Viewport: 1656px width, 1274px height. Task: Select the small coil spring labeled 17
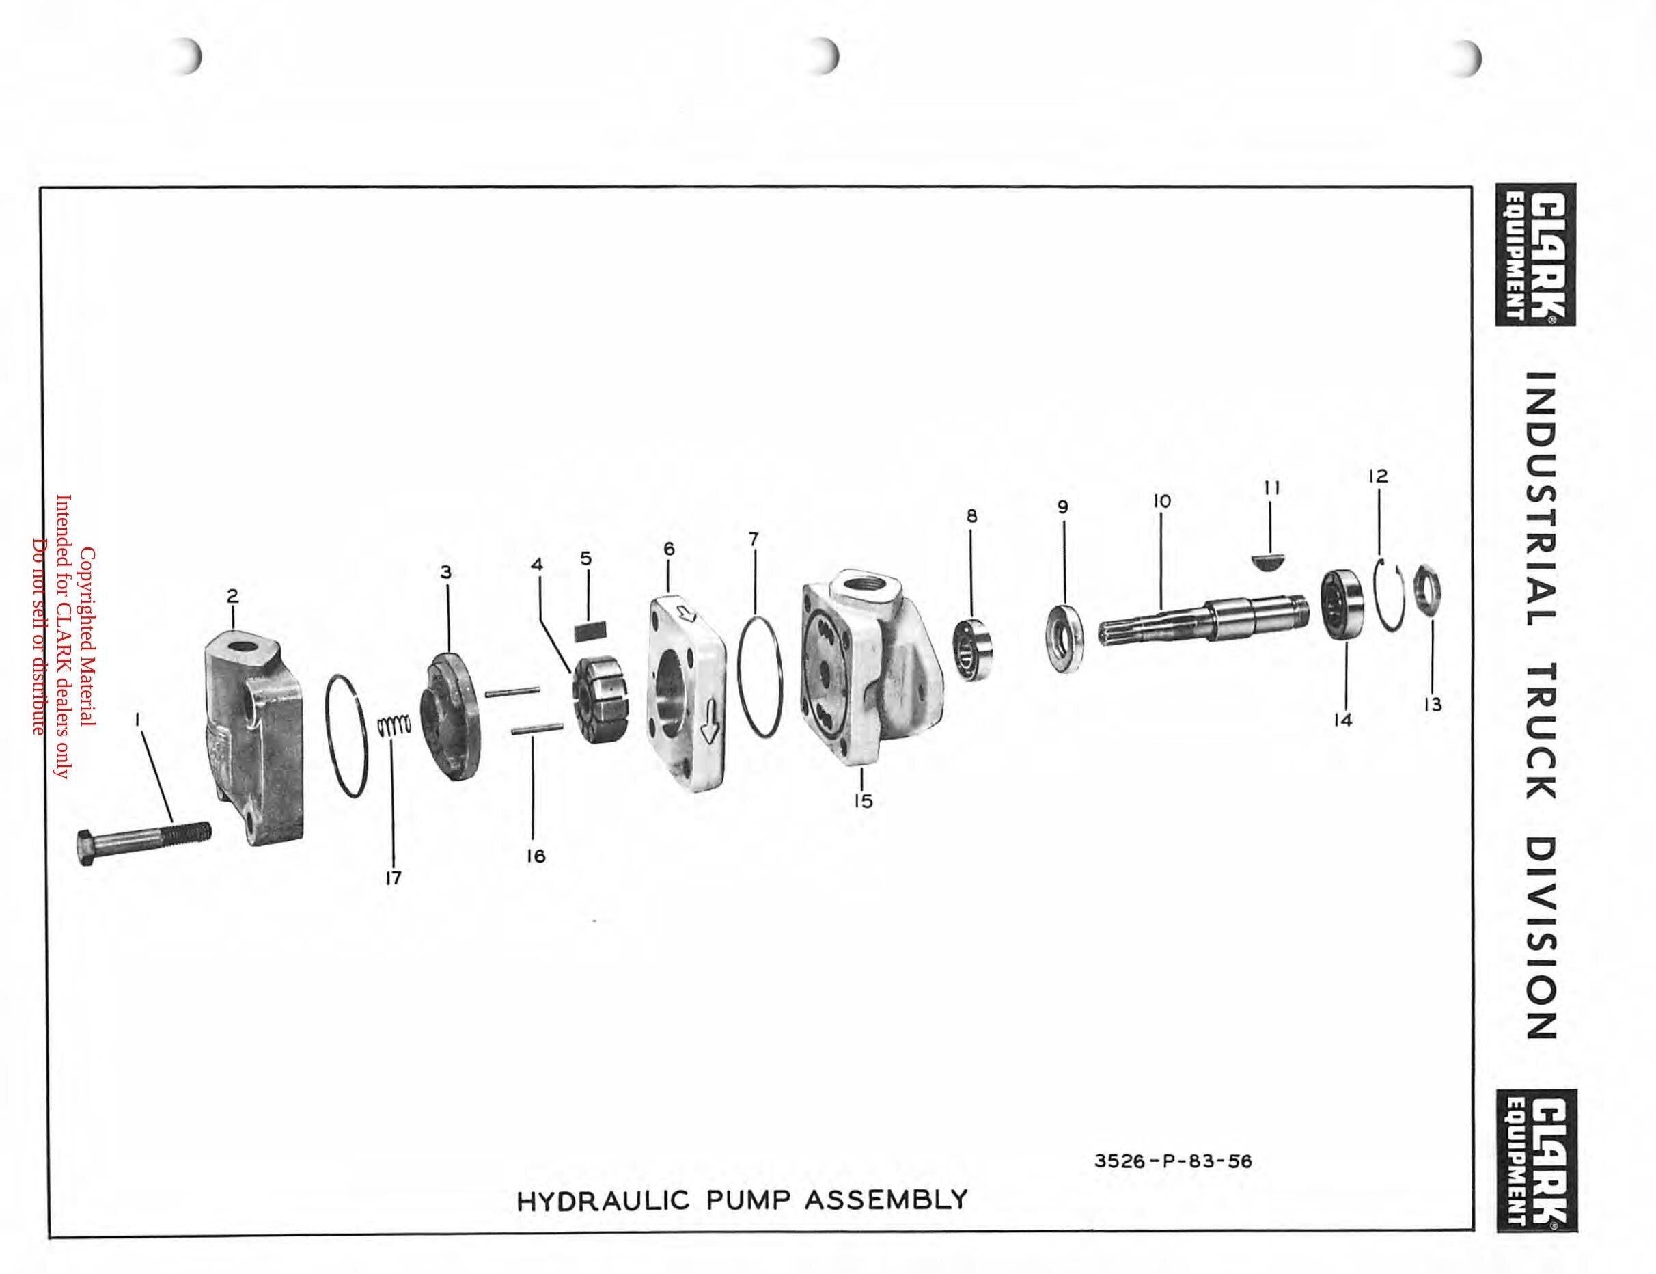[394, 728]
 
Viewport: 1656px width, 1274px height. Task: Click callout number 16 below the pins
[536, 856]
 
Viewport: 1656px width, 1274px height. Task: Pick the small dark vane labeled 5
[591, 608]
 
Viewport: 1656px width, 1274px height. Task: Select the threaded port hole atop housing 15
[862, 588]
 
